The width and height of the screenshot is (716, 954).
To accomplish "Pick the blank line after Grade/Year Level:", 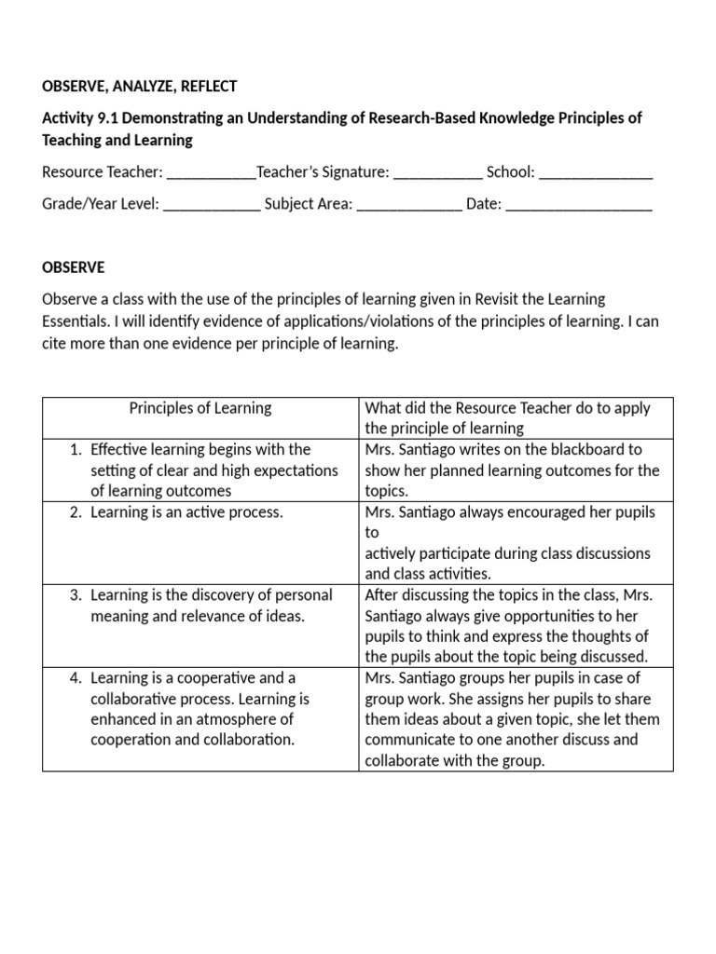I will point(213,204).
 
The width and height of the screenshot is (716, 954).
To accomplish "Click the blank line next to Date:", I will point(579,204).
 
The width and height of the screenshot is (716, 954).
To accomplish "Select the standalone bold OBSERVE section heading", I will point(74,268).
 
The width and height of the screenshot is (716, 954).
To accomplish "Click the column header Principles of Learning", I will point(200,408).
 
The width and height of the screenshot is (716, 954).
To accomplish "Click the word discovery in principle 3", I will point(212,595).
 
